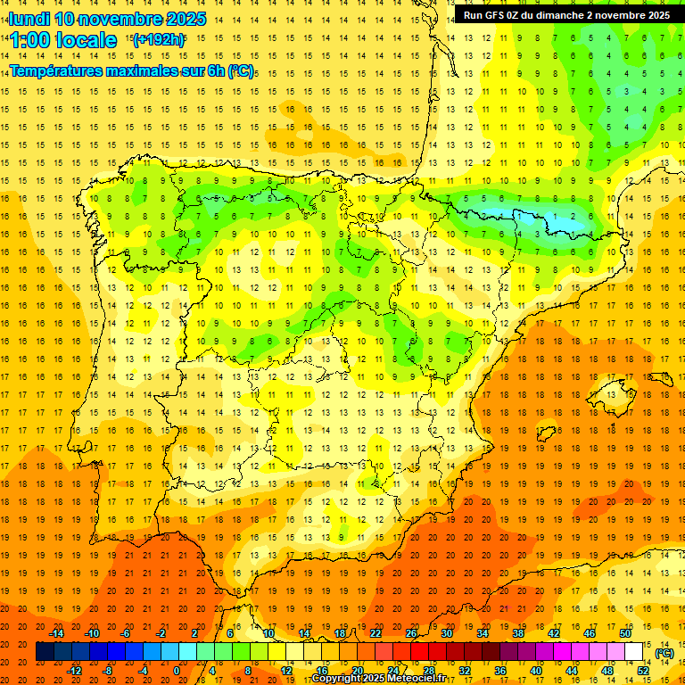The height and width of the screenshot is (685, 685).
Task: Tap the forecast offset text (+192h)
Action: point(158,39)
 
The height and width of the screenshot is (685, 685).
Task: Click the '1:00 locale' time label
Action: point(63,40)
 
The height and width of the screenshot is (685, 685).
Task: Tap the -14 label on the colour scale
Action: point(58,633)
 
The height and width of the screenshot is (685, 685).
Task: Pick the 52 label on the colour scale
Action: point(643,670)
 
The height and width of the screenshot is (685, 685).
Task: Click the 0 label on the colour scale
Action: point(177,670)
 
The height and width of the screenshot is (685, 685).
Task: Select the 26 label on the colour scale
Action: point(411,633)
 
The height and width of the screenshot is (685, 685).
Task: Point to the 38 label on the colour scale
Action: point(518,633)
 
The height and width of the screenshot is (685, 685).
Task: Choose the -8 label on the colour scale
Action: point(107,670)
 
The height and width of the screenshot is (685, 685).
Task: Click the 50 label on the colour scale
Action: point(625,633)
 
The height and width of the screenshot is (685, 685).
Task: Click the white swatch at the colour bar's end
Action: point(633,652)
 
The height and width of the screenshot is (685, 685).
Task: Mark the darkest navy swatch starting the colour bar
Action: point(45,652)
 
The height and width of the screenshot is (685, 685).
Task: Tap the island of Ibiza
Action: point(546,433)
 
